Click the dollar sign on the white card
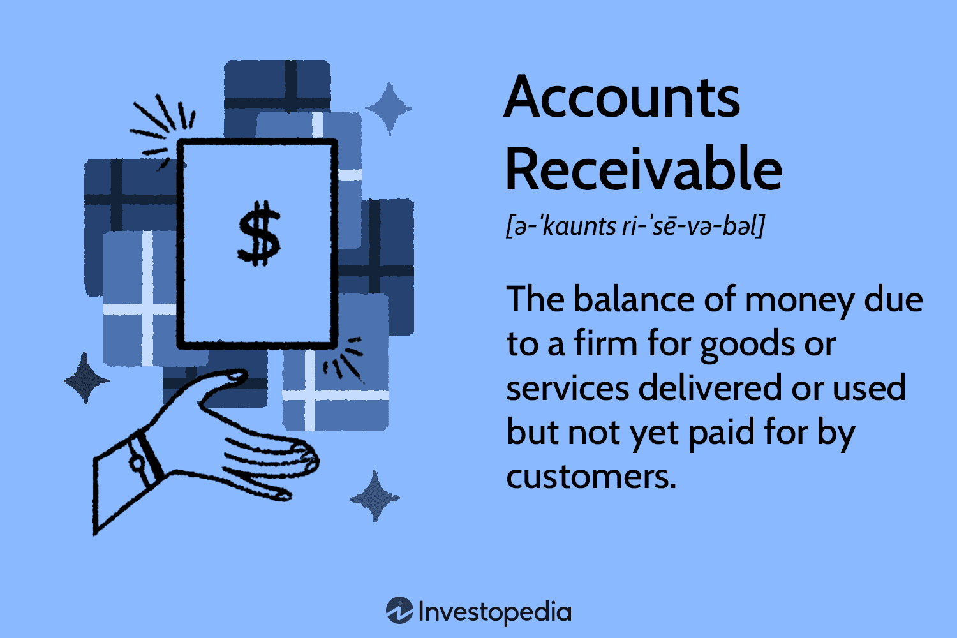point(258,234)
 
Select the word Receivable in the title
point(643,170)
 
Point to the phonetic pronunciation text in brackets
point(635,226)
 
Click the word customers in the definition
point(591,477)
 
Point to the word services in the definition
point(567,388)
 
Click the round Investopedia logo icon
point(399,611)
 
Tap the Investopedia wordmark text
point(494,612)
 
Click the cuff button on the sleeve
point(136,463)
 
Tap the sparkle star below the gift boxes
point(375,496)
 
